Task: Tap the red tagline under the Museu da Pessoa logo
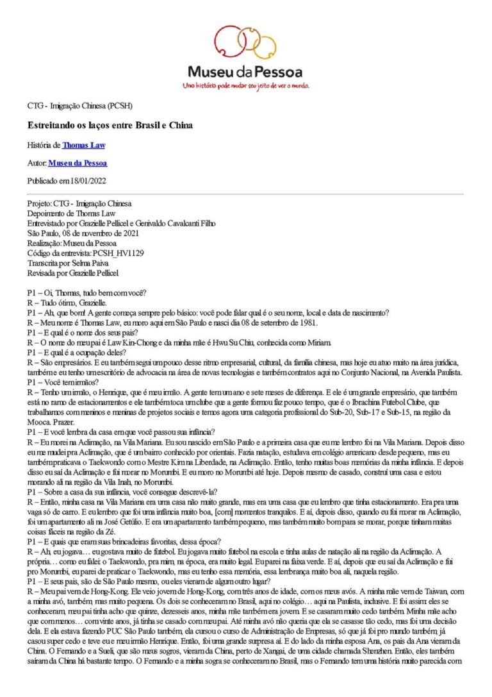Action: click(246, 85)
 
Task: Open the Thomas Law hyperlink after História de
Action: click(83, 145)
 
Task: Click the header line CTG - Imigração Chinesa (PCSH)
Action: click(80, 105)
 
